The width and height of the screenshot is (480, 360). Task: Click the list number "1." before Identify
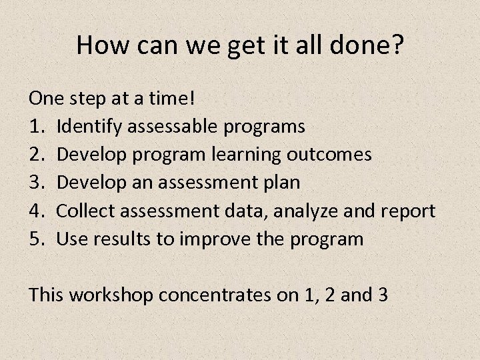point(37,126)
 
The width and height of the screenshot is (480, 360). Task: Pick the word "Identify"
point(85,127)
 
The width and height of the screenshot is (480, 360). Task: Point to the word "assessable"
point(169,126)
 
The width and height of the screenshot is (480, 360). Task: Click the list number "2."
point(37,155)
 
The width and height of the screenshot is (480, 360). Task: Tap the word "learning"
point(247,155)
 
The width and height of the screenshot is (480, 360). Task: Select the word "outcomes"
point(329,155)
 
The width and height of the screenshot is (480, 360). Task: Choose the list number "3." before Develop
point(37,183)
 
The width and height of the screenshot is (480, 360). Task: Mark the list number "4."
point(37,211)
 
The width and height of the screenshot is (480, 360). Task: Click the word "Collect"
point(83,211)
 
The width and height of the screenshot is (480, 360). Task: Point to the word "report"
point(409,212)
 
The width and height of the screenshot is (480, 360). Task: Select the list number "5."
point(37,239)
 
